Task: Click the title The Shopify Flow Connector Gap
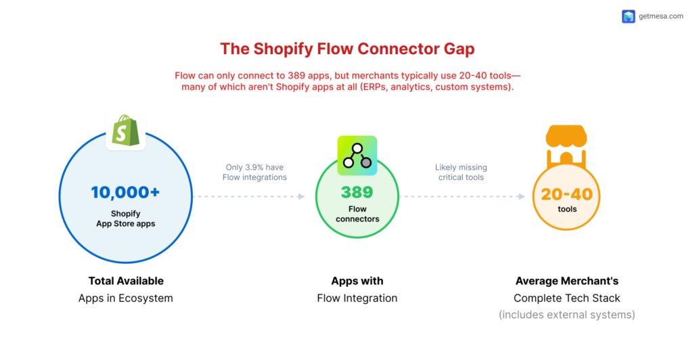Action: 346,49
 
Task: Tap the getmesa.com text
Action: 661,17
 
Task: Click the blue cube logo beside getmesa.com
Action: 629,17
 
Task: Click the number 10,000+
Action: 125,192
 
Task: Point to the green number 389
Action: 357,192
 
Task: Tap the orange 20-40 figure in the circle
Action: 566,195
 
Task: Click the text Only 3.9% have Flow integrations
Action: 256,173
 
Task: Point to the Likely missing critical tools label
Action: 461,173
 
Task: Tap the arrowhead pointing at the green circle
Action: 301,197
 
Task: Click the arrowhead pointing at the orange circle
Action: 521,197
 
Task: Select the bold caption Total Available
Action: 126,281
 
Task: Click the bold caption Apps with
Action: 357,281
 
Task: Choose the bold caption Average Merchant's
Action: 566,281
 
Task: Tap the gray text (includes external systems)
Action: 566,315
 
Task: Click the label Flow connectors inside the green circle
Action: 357,214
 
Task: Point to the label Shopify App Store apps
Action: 125,219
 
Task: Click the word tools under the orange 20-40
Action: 567,210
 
